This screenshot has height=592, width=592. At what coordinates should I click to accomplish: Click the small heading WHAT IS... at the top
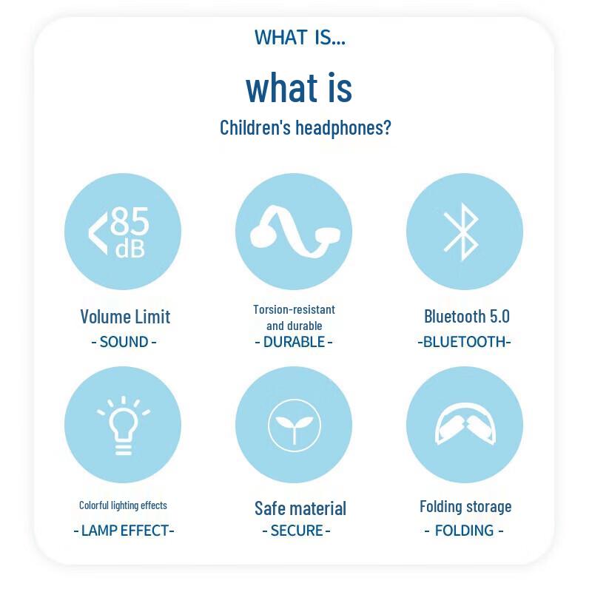(x=300, y=37)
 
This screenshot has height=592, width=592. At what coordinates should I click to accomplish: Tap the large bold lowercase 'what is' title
(x=299, y=87)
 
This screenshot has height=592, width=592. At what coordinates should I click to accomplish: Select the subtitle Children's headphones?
(x=305, y=127)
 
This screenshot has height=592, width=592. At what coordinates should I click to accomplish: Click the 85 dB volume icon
(x=123, y=232)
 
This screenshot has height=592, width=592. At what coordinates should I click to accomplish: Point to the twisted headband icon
(x=293, y=231)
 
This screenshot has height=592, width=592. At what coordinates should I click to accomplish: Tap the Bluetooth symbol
(x=464, y=232)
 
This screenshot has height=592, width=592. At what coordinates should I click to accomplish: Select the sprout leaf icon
(x=294, y=425)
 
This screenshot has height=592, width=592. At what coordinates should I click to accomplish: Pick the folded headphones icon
(x=465, y=425)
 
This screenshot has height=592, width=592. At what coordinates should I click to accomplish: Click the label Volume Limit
(x=125, y=317)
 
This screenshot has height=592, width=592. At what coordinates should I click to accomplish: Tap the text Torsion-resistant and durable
(x=294, y=317)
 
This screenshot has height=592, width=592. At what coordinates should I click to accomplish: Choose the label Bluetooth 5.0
(x=467, y=317)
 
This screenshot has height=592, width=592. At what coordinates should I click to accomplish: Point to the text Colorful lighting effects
(x=123, y=505)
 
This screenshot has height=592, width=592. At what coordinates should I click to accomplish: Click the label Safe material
(x=300, y=508)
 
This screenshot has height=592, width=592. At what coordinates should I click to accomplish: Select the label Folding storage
(x=465, y=507)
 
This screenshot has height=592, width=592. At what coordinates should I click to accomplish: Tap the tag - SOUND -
(x=124, y=342)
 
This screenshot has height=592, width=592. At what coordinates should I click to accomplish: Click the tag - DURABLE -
(x=294, y=342)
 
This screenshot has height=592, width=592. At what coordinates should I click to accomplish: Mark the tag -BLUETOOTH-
(x=464, y=342)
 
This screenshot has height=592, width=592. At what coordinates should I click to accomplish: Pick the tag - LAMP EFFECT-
(x=124, y=530)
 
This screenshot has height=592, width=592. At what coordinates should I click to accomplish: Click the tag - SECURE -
(x=296, y=530)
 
